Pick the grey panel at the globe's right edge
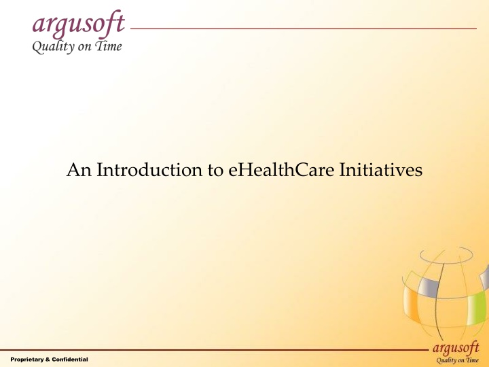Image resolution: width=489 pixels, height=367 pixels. click(484, 279)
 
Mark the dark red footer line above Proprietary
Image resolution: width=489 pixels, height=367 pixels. click(204, 350)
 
